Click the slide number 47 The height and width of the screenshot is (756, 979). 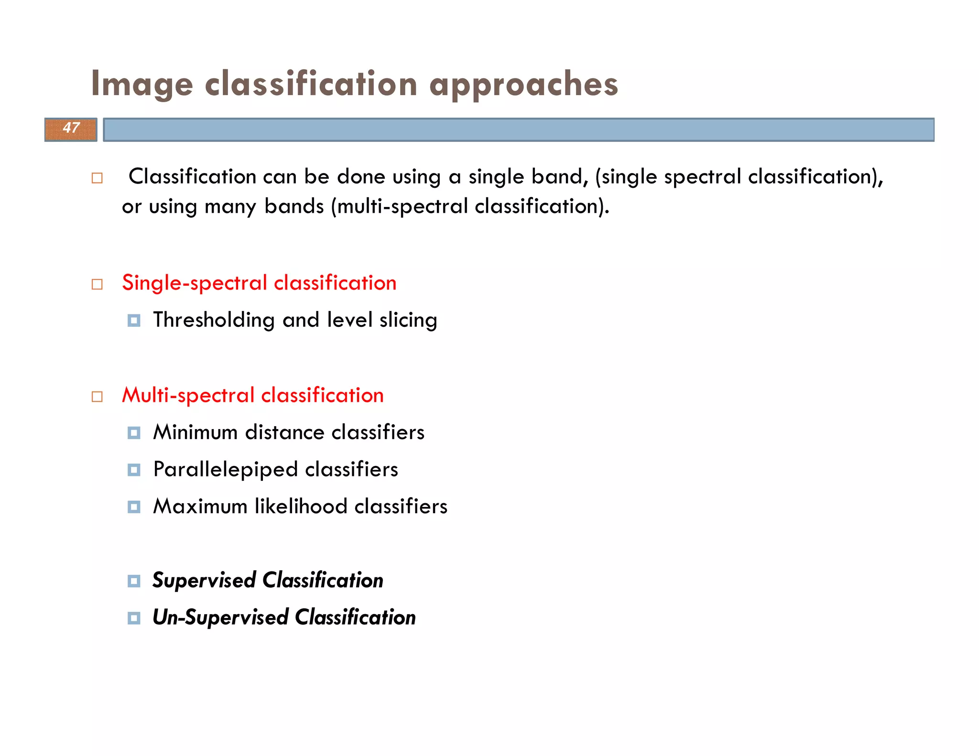pyautogui.click(x=71, y=128)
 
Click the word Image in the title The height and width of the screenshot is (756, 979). pyautogui.click(x=142, y=84)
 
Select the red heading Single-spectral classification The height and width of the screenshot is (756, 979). pyautogui.click(x=259, y=283)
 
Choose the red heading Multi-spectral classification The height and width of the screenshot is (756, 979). pyautogui.click(x=253, y=395)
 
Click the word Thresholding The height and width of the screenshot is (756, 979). pyautogui.click(x=214, y=320)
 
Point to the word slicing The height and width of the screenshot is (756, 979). pyautogui.click(x=408, y=320)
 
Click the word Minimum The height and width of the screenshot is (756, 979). pyautogui.click(x=196, y=432)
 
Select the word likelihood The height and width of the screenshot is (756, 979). pyautogui.click(x=301, y=507)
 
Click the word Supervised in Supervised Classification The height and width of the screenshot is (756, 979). pyautogui.click(x=204, y=580)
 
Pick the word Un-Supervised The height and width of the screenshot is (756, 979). pyautogui.click(x=220, y=617)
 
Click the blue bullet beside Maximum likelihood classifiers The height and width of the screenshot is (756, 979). pyautogui.click(x=134, y=507)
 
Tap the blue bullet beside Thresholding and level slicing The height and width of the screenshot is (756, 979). pyautogui.click(x=134, y=321)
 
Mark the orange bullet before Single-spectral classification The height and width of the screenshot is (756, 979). pyautogui.click(x=97, y=284)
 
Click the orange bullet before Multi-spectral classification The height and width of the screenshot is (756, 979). pyautogui.click(x=97, y=397)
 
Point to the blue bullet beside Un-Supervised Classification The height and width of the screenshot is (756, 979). pyautogui.click(x=134, y=618)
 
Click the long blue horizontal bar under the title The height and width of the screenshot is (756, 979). pyautogui.click(x=519, y=130)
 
